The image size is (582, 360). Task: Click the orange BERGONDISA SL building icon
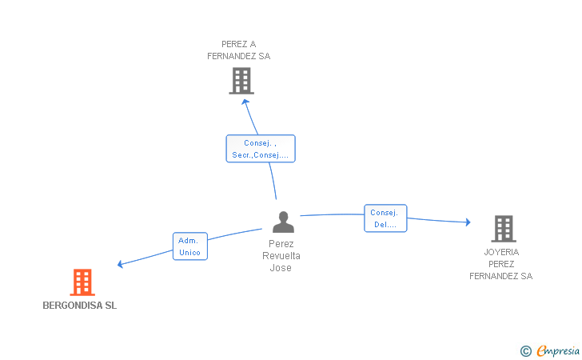coord(82,282)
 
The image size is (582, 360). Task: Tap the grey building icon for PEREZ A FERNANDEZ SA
coord(241,81)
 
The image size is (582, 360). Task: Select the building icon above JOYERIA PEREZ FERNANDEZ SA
coord(504,229)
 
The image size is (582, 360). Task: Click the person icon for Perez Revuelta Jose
coord(283,222)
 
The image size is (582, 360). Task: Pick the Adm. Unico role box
coord(190,246)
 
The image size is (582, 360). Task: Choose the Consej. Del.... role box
coord(385,218)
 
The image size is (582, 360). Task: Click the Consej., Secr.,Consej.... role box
coord(261,149)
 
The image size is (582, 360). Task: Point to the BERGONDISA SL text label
coord(80,306)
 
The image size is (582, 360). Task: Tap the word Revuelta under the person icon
coord(281,256)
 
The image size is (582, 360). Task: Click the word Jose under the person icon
coord(281,268)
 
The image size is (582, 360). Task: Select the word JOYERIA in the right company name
coord(501,252)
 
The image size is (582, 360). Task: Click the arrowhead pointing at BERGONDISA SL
coord(120,264)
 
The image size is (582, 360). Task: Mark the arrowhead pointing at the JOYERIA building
coord(468,222)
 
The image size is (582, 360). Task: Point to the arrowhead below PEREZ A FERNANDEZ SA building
coord(245,102)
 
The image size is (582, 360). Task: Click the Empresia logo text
coord(558,350)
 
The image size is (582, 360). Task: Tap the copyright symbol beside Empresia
coord(526,351)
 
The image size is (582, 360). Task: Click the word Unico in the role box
coord(189,253)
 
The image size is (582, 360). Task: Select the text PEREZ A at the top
coord(239,44)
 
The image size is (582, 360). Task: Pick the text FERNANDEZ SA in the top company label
coord(239,56)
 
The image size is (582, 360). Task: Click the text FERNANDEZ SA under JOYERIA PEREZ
coord(501,276)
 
